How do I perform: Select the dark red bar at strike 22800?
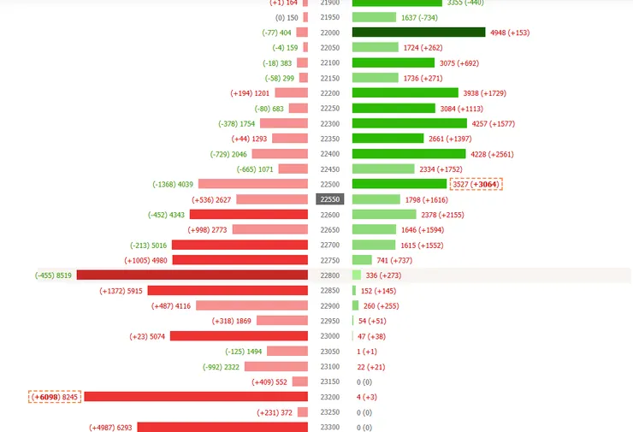(x=192, y=275)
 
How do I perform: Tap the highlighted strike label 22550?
(x=329, y=199)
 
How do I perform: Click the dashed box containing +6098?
(x=55, y=397)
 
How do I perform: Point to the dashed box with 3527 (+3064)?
(x=476, y=184)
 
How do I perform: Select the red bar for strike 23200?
(x=196, y=397)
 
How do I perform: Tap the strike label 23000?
(x=329, y=336)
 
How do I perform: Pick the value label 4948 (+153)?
(x=510, y=33)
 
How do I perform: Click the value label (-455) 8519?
(x=54, y=275)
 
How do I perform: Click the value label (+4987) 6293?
(x=111, y=427)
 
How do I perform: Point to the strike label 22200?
(x=329, y=93)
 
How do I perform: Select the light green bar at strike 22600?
(x=384, y=215)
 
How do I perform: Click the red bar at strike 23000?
(x=239, y=336)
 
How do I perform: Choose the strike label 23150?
(x=329, y=382)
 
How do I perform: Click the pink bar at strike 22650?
(x=269, y=229)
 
